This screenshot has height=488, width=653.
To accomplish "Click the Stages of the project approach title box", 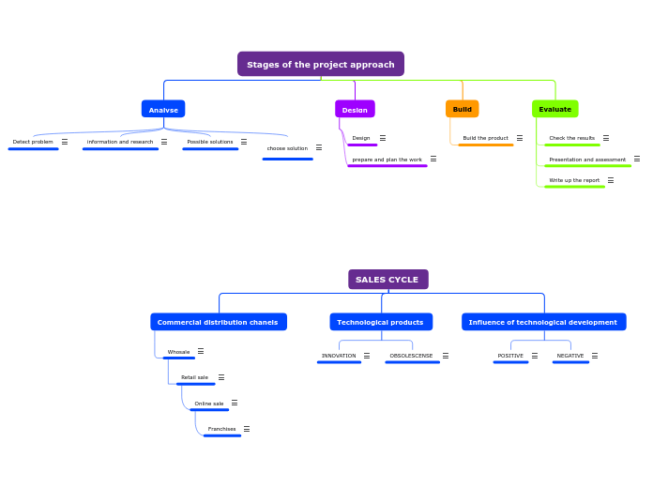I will [321, 64].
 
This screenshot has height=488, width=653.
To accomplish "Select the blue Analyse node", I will [163, 109].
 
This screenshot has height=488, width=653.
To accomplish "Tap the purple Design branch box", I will [355, 109].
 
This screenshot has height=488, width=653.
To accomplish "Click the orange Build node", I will [462, 109].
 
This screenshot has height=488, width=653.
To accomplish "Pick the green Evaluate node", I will [554, 109].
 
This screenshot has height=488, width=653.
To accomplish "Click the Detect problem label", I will [33, 142].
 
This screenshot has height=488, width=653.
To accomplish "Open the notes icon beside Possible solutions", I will [244, 142].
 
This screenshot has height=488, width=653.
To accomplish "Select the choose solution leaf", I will [287, 148].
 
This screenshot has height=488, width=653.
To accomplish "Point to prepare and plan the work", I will [387, 160].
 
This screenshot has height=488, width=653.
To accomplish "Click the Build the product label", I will [485, 138].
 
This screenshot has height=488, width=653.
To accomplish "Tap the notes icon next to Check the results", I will [605, 138].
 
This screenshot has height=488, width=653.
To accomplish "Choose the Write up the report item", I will [574, 180].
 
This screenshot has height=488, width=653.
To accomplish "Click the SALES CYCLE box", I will [387, 280].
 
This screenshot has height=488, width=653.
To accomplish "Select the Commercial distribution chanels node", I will [218, 322].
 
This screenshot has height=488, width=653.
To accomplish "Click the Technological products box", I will [380, 322].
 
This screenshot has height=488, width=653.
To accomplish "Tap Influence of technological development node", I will [543, 322].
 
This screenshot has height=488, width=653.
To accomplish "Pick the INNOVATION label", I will [339, 356].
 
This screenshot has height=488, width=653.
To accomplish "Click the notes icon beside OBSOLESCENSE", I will [446, 356].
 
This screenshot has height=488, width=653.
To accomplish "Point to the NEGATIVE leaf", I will [569, 356].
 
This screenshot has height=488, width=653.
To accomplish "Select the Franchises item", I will [221, 429].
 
